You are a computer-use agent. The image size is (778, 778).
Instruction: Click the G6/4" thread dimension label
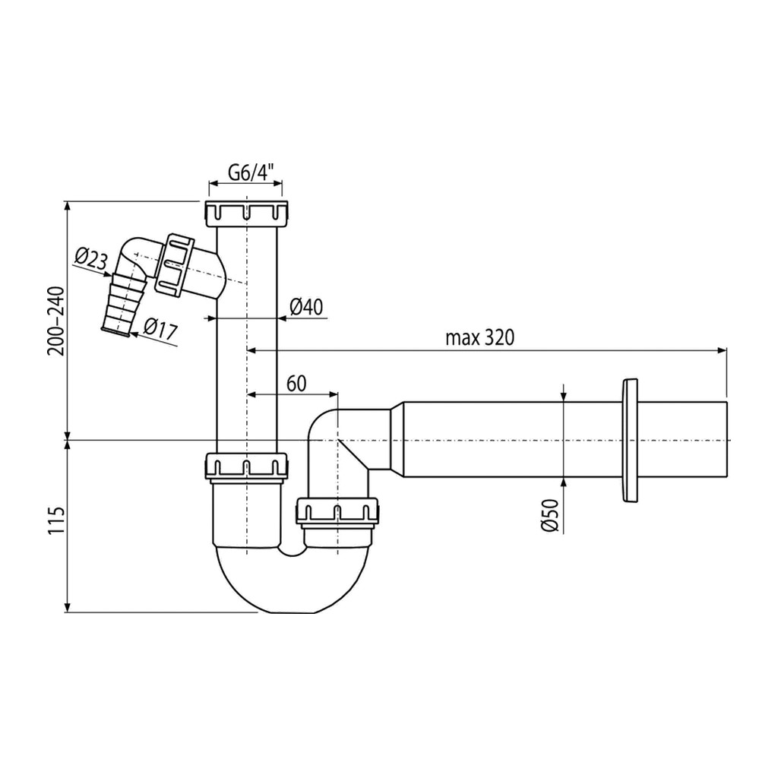(x=251, y=172)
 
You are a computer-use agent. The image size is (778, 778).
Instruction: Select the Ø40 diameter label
(x=306, y=307)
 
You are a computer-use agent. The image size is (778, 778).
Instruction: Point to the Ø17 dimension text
(x=160, y=329)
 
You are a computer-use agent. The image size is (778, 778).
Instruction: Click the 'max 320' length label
(x=479, y=338)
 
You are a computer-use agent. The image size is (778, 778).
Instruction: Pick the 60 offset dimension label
(x=296, y=384)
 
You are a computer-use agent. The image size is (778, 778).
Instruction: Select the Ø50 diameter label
(x=550, y=515)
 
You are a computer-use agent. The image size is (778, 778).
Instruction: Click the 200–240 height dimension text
(x=56, y=321)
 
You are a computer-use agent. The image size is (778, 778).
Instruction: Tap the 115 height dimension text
(x=56, y=520)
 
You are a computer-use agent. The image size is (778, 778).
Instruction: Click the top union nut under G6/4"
(x=245, y=213)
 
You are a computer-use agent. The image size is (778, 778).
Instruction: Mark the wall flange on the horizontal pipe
(x=628, y=441)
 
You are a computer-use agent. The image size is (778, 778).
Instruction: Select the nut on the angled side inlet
(x=174, y=263)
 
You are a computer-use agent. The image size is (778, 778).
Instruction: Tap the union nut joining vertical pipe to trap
(x=246, y=466)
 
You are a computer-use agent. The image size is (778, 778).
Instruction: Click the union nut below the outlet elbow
(x=337, y=511)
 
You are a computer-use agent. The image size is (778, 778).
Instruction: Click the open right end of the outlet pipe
(x=726, y=440)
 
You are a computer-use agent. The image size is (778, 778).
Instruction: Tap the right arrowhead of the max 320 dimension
(x=722, y=351)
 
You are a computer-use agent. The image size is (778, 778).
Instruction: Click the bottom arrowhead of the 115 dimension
(x=67, y=607)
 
